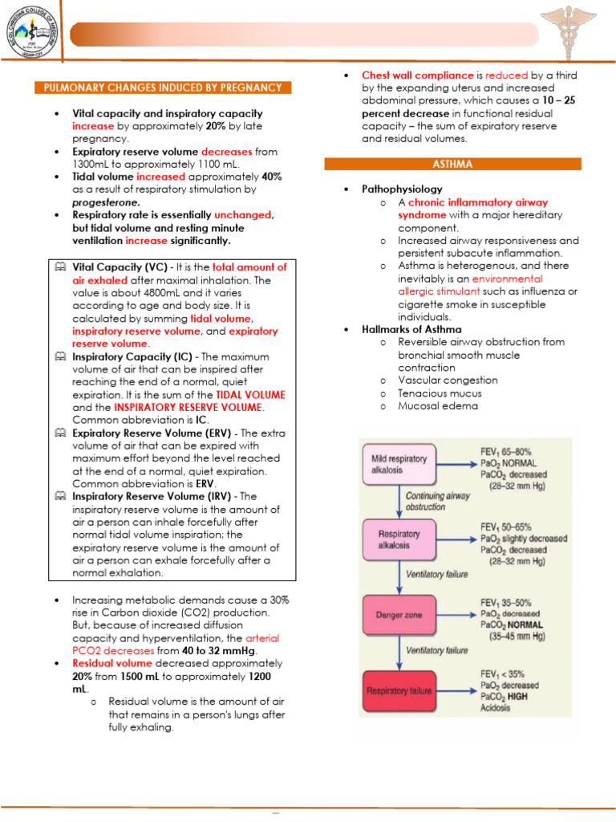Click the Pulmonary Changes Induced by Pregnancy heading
[162, 87]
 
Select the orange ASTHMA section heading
[452, 164]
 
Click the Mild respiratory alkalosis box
[399, 464]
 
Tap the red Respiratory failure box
[399, 690]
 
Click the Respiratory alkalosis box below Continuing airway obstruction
[399, 539]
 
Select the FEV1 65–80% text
[506, 452]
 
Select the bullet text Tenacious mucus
[440, 393]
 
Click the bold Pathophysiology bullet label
[402, 189]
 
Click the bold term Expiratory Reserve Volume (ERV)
[152, 433]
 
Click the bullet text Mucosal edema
[437, 405]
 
